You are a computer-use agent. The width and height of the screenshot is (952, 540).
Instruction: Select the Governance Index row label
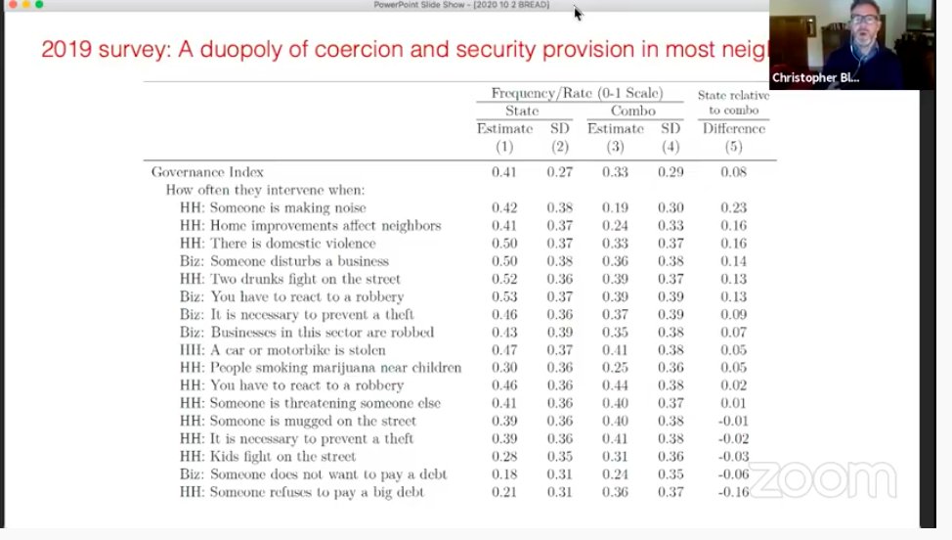[x=207, y=172]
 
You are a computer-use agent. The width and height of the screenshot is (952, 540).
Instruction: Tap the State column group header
[x=522, y=111]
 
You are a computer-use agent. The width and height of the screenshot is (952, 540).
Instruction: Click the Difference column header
[x=733, y=128]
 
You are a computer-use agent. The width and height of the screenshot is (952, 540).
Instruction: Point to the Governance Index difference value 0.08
[x=733, y=172]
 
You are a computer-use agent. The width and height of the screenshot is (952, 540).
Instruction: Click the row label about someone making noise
[x=273, y=207]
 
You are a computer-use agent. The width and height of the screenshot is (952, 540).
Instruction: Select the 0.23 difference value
[x=733, y=207]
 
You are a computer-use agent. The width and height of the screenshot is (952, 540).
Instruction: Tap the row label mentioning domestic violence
[x=278, y=244]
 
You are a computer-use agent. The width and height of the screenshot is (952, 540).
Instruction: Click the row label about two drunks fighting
[x=290, y=279]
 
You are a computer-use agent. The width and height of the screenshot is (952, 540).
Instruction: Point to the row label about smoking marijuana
[x=321, y=368]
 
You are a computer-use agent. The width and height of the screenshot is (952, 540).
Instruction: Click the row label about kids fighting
[x=268, y=457]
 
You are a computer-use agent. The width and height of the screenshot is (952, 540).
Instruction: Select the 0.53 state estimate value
[x=504, y=296]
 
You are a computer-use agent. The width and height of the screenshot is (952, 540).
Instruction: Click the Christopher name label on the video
[x=814, y=77]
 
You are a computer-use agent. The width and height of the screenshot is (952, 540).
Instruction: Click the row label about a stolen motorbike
[x=282, y=350]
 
